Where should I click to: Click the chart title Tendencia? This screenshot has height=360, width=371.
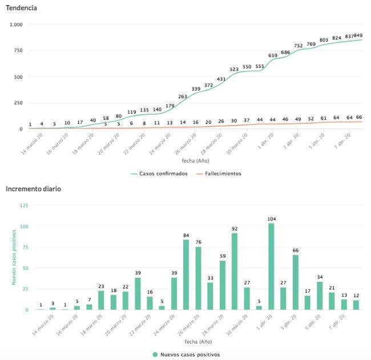22,9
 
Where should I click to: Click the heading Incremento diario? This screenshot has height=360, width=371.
33,188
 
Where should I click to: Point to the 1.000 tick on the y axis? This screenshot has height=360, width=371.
15,25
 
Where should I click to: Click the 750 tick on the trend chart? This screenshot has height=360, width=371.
17,51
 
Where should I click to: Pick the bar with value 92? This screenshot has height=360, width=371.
235,272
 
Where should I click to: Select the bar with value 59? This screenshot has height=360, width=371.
223,285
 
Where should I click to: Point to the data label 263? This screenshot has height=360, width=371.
183,97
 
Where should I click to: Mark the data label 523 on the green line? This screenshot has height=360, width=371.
234,70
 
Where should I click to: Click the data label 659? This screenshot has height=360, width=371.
273,55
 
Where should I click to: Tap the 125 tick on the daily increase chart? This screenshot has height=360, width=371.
24,205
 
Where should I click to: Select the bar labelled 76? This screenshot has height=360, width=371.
198,278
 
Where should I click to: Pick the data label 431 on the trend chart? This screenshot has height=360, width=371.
222,79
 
